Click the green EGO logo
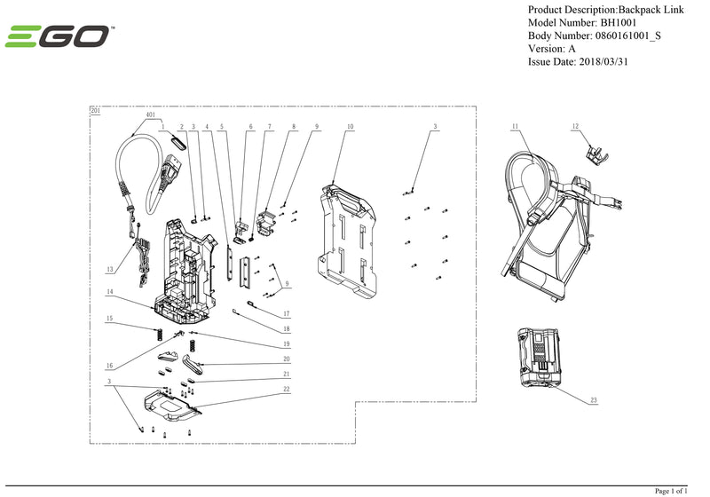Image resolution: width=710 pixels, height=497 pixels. pos(59,37)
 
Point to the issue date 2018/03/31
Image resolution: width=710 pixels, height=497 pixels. pos(610,62)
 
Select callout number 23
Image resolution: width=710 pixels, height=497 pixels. pos(593,401)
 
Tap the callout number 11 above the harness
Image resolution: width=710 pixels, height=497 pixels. pos(515,128)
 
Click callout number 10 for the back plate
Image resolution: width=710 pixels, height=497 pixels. pos(350,128)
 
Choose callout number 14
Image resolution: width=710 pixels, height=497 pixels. pos(110,292)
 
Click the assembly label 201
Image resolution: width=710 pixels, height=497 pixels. pos(96,111)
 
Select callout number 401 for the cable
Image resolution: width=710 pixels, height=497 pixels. pos(149,114)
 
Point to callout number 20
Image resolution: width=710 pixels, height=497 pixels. pos(286,359)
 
